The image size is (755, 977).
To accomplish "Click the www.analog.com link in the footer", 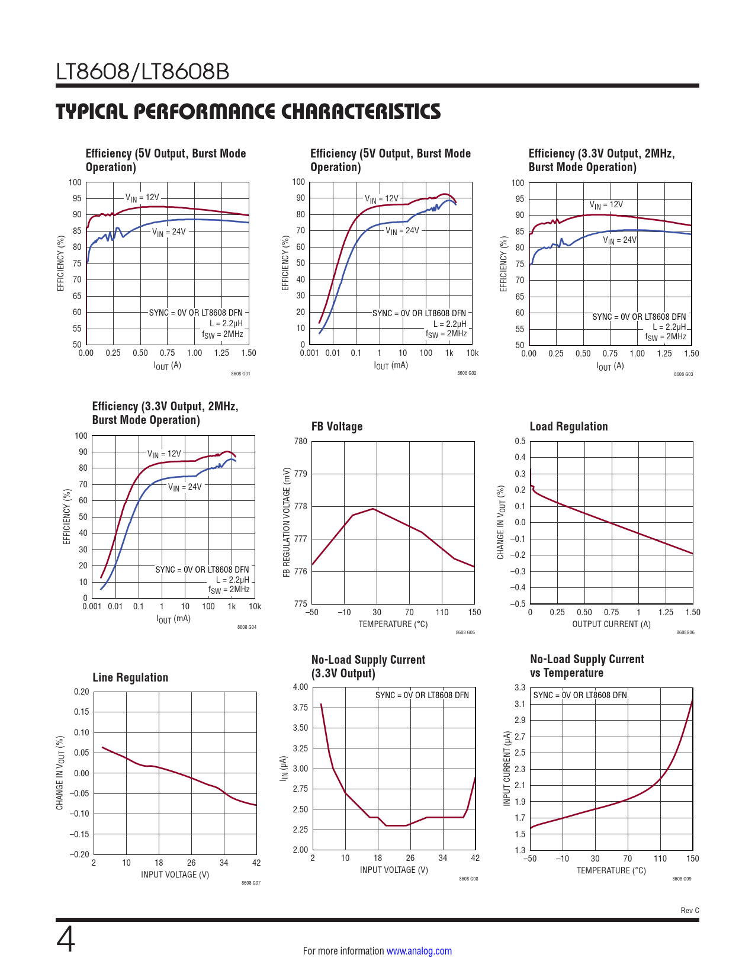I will (419, 951).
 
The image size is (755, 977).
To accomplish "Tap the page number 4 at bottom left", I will (66, 940).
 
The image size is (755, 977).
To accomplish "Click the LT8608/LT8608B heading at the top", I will (143, 72).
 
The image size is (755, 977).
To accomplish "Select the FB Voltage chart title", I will (336, 426).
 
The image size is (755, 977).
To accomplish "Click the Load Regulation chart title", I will (568, 426).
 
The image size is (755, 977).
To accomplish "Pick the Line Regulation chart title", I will (130, 677).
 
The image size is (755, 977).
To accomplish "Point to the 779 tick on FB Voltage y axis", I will (300, 474).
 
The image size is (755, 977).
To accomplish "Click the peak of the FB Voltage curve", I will (374, 509).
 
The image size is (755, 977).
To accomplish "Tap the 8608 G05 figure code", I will (465, 632).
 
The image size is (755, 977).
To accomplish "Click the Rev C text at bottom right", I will (689, 910).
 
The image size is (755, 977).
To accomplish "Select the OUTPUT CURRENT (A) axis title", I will (611, 624).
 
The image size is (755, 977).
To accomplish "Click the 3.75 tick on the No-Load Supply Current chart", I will (300, 708).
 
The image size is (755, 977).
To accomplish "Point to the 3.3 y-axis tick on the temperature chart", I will (519, 687).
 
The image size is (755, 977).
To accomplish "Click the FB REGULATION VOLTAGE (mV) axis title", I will (287, 522).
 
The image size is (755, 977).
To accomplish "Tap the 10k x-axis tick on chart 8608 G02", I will (472, 353).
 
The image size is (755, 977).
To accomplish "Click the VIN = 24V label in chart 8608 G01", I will (169, 232).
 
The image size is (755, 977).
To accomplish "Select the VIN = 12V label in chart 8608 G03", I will (606, 205).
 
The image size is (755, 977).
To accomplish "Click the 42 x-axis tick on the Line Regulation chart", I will (256, 863).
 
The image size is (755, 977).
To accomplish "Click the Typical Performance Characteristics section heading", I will (248, 111).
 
